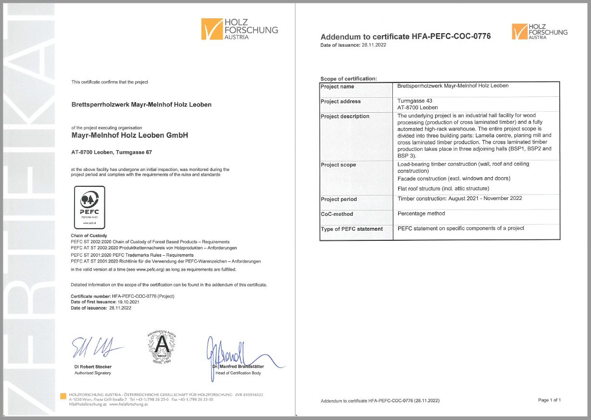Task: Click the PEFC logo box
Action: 88,207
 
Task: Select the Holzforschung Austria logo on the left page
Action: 239,29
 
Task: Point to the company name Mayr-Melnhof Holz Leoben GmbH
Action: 129,135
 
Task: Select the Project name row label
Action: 338,87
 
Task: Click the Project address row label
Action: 340,102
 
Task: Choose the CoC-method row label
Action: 337,214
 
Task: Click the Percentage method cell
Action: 421,213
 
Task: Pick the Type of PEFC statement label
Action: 352,229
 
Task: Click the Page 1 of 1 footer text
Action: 549,400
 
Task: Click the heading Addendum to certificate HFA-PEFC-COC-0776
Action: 405,37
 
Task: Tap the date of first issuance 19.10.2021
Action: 124,302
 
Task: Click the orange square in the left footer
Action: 63,396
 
